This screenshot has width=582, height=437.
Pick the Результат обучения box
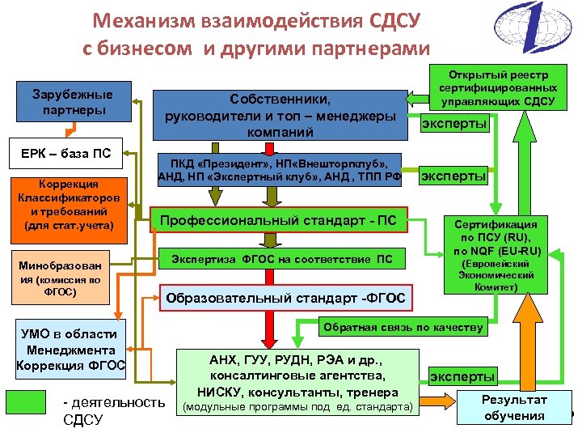tap(514, 408)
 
